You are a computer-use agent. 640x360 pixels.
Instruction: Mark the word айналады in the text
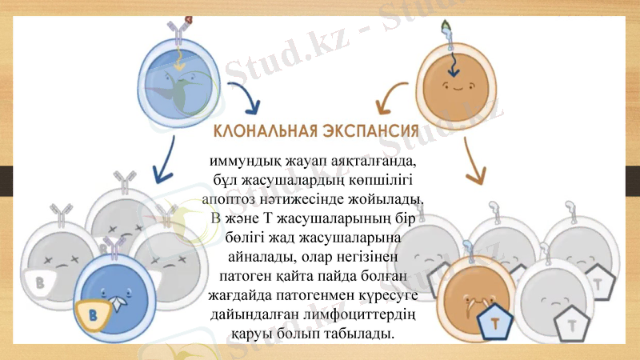[x=257, y=257]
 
